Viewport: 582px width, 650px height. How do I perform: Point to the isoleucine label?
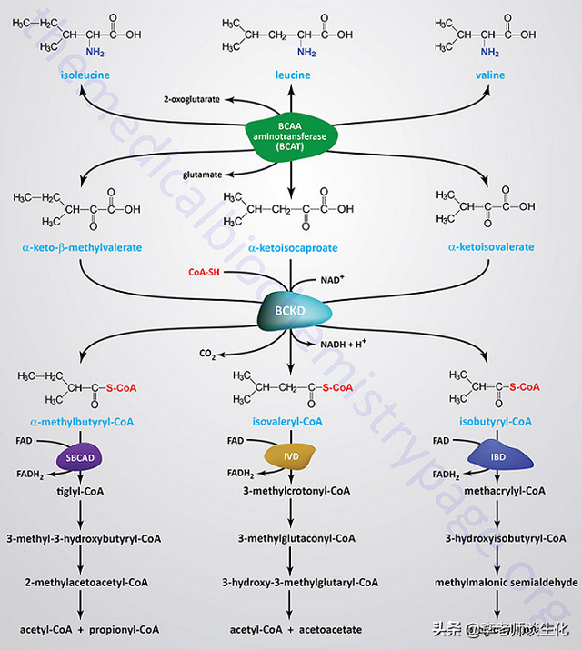[77, 75]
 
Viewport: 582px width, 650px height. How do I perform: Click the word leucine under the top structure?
[291, 75]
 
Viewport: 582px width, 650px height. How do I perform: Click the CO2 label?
[210, 353]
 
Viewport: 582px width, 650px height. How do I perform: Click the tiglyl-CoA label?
[79, 491]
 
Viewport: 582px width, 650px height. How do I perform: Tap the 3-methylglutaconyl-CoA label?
[296, 538]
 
